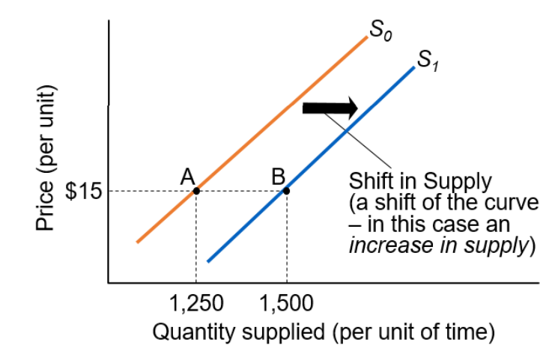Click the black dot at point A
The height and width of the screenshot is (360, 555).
(196, 191)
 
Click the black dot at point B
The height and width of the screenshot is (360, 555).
(286, 191)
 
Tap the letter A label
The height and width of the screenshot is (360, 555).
(187, 176)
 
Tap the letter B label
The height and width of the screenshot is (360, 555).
(279, 177)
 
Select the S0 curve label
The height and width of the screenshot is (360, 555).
(381, 32)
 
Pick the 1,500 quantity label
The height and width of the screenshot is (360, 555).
(286, 304)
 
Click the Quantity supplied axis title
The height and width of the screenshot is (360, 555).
(323, 330)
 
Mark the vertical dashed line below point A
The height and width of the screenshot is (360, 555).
(196, 240)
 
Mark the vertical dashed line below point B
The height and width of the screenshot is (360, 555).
(286, 240)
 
